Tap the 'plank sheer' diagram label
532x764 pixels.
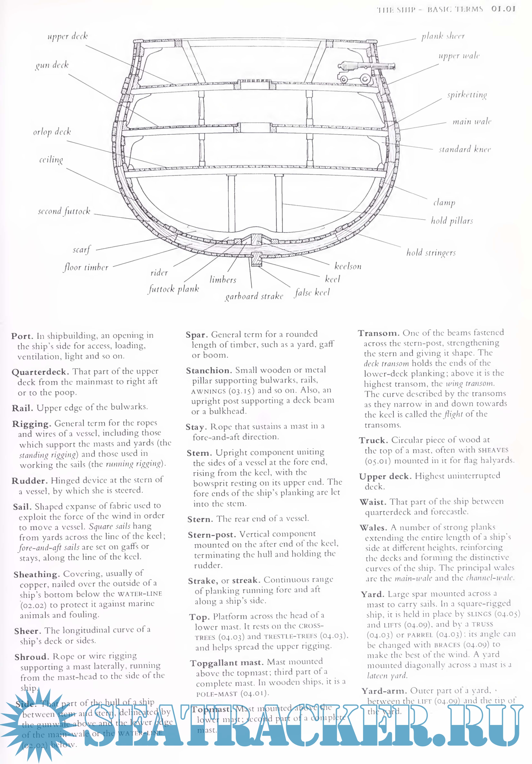pos(443,36)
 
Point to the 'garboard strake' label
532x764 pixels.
pos(254,296)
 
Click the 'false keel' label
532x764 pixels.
pos(312,293)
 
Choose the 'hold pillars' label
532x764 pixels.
pos(452,220)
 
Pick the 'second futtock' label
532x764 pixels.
pos(64,211)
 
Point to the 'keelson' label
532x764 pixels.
pos(348,266)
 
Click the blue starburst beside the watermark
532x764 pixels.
pos(32,725)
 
